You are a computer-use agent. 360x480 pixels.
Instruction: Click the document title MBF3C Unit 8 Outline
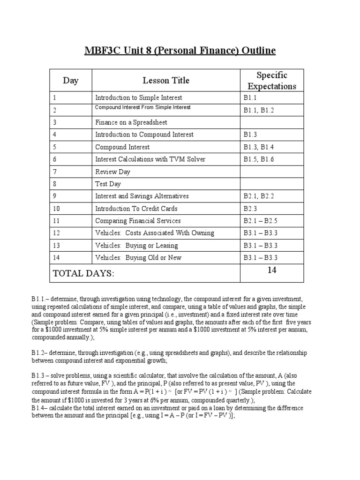tap(180, 50)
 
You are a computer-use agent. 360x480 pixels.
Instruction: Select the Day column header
tap(71, 81)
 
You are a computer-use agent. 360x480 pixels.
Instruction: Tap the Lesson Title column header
tap(166, 81)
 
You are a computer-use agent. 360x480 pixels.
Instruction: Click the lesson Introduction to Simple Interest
tap(139, 98)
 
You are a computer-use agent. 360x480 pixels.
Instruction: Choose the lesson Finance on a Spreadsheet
tap(131, 122)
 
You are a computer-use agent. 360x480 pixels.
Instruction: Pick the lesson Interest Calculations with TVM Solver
tap(150, 159)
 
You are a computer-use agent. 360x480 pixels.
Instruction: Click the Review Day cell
tap(113, 172)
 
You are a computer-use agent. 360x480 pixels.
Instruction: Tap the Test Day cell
tap(108, 184)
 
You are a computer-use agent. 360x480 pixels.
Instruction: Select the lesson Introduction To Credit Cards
tap(136, 209)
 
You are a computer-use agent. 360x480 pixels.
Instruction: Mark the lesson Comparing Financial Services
tap(138, 221)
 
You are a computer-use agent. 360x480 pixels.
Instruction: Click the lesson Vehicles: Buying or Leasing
tap(136, 245)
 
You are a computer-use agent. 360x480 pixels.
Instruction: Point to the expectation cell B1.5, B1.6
tap(259, 159)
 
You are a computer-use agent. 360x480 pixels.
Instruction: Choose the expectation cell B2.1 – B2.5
tap(262, 221)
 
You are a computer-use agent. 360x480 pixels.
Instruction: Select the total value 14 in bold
tap(272, 270)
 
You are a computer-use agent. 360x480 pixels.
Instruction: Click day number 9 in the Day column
tap(55, 196)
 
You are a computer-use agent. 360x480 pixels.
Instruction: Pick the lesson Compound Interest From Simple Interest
tap(143, 107)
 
